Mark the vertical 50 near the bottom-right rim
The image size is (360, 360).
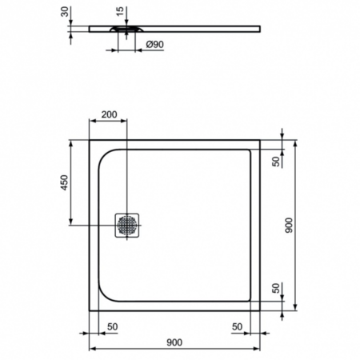point(276,289)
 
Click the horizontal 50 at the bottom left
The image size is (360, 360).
point(111,326)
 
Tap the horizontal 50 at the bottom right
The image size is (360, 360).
point(237,326)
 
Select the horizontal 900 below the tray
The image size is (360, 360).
point(174,342)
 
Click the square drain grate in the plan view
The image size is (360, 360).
point(128,225)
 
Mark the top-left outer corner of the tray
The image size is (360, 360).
point(90,141)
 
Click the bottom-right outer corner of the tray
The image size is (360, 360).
point(258,310)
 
